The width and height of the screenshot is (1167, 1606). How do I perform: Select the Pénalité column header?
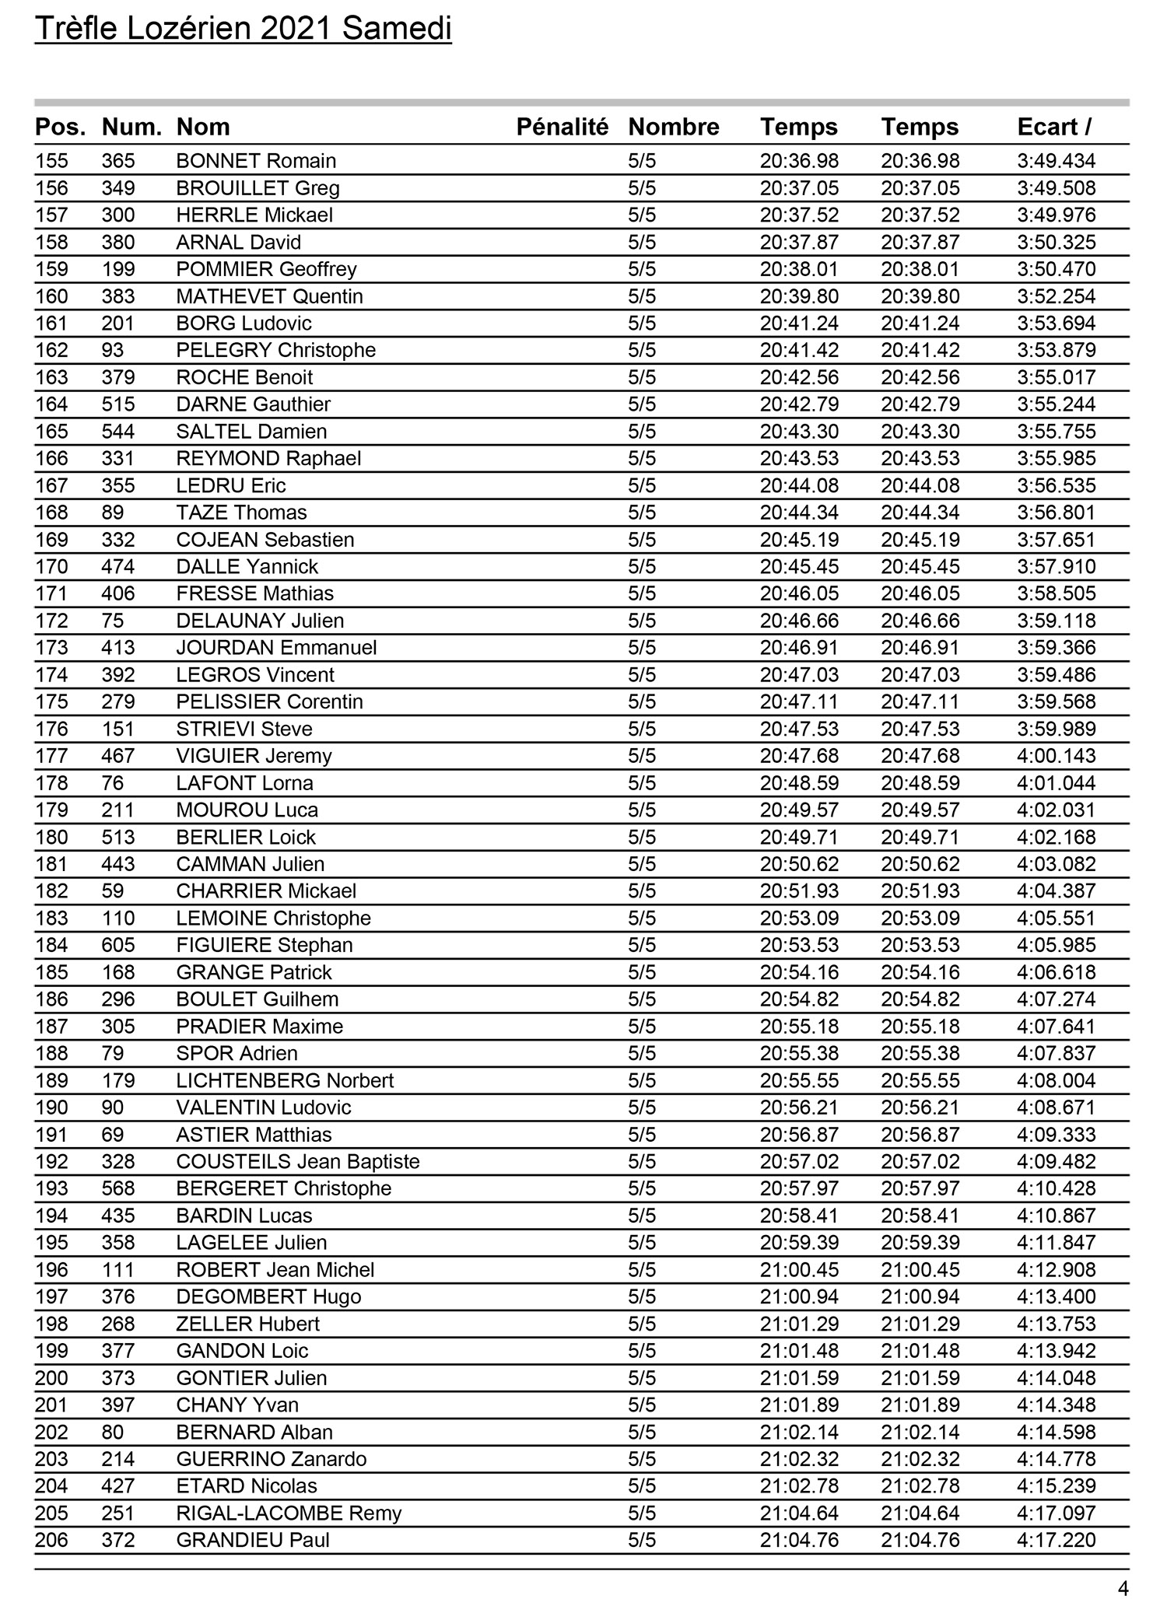pyautogui.click(x=562, y=127)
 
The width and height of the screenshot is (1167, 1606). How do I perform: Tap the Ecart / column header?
pyautogui.click(x=1054, y=127)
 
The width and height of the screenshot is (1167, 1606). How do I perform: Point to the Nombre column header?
pyautogui.click(x=673, y=127)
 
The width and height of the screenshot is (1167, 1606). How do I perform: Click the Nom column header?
pyautogui.click(x=203, y=127)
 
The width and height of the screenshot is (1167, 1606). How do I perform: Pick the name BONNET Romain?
pyautogui.click(x=256, y=161)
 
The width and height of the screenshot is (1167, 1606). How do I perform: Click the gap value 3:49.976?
pyautogui.click(x=1056, y=215)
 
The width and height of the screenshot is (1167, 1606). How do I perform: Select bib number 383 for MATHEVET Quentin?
pyautogui.click(x=118, y=296)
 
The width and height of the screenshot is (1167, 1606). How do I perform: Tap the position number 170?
pyautogui.click(x=51, y=567)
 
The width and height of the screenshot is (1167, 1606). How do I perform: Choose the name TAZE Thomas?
pyautogui.click(x=241, y=513)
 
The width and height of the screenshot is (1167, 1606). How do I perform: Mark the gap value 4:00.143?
pyautogui.click(x=1056, y=756)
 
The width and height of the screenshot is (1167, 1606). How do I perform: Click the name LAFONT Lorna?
pyautogui.click(x=244, y=783)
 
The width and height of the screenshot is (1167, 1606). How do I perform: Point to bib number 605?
pyautogui.click(x=118, y=946)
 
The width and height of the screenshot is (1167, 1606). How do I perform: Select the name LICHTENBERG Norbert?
pyautogui.click(x=285, y=1081)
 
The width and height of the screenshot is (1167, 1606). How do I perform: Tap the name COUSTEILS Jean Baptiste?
pyautogui.click(x=298, y=1162)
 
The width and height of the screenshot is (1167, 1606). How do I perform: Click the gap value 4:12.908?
pyautogui.click(x=1056, y=1270)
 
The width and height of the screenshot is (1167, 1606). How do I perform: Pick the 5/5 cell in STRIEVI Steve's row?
pyautogui.click(x=642, y=730)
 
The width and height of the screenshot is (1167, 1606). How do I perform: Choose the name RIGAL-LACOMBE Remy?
pyautogui.click(x=289, y=1513)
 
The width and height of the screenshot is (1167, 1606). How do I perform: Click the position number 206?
pyautogui.click(x=51, y=1541)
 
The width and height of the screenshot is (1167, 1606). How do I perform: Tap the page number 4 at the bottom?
pyautogui.click(x=1123, y=1589)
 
